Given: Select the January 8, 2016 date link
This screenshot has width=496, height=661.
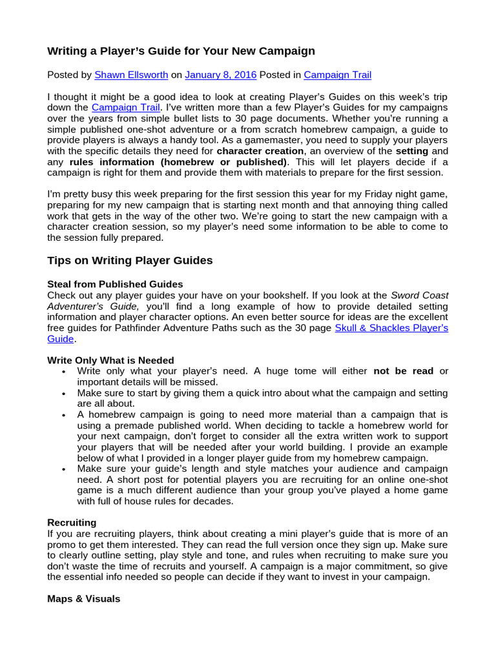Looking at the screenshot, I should (221, 75).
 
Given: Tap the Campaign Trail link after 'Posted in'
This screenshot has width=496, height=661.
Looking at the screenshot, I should (337, 75).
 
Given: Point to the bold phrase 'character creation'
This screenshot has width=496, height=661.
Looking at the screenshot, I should (260, 151).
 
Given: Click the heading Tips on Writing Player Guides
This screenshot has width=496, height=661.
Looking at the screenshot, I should (130, 261).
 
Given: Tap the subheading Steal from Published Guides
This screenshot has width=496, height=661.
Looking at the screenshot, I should (115, 284).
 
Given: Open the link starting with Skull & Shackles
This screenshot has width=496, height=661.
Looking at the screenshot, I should (391, 328).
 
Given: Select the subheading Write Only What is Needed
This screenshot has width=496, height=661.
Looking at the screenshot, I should (110, 360).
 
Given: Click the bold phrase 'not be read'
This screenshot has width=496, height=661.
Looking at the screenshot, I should (403, 371).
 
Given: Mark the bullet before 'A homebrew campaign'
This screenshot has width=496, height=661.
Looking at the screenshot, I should (63, 415).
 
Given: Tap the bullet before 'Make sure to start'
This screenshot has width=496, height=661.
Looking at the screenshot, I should (63, 393).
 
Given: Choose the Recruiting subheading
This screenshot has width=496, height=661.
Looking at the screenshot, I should (72, 522).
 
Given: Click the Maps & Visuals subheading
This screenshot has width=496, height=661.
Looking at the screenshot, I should (83, 598).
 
